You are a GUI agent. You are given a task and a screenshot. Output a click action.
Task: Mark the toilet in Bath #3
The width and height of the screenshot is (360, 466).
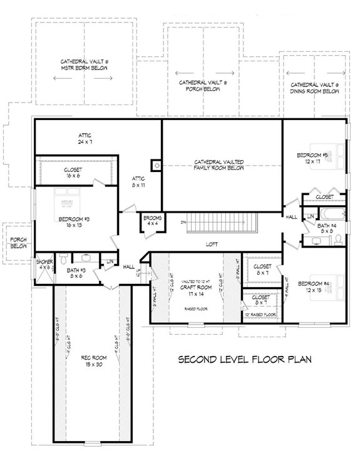pos(63,258)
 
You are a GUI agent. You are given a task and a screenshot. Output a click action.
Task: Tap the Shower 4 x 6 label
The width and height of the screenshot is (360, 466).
pos(44,265)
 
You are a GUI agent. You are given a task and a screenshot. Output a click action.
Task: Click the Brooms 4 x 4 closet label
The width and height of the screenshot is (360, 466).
pos(153,220)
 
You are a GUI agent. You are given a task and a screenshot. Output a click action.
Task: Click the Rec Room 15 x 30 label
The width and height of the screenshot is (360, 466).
pos(91,361)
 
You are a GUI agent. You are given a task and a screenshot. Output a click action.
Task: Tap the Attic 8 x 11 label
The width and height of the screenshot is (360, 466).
pos(138,181)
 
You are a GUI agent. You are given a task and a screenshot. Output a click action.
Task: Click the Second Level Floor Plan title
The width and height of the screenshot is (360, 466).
pos(245,360)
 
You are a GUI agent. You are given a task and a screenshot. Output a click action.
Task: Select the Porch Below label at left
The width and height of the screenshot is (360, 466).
pos(18,243)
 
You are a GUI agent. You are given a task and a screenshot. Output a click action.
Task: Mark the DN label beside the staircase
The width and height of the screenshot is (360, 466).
pos(183,221)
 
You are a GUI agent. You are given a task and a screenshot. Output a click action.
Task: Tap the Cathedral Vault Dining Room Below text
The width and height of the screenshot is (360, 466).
pos(315,88)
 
